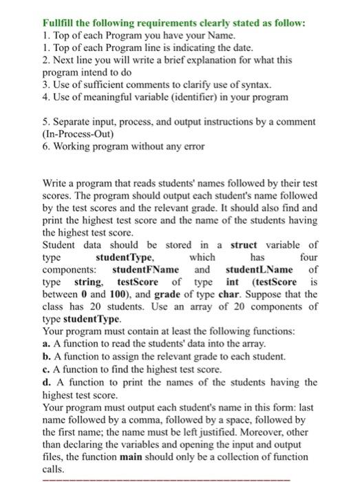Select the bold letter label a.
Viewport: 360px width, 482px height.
pyautogui.click(x=45, y=344)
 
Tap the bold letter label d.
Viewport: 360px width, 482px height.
pyautogui.click(x=45, y=381)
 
